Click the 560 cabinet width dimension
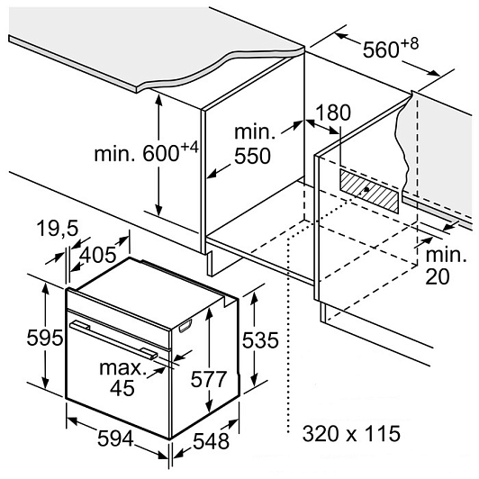[381, 49]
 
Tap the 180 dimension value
[332, 113]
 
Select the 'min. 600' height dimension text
[137, 153]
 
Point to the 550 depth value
[252, 156]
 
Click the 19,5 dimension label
[58, 228]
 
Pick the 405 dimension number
[98, 254]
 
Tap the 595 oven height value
[45, 338]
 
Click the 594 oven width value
[115, 438]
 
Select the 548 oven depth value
[211, 441]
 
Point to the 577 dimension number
[208, 379]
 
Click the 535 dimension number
[260, 340]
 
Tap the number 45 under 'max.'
[122, 388]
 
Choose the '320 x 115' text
[351, 433]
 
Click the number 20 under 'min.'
[438, 276]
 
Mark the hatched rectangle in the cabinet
[369, 191]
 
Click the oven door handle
[113, 339]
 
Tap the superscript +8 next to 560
[410, 44]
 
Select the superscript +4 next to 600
[190, 148]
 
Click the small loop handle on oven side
[185, 325]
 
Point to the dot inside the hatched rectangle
[366, 189]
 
